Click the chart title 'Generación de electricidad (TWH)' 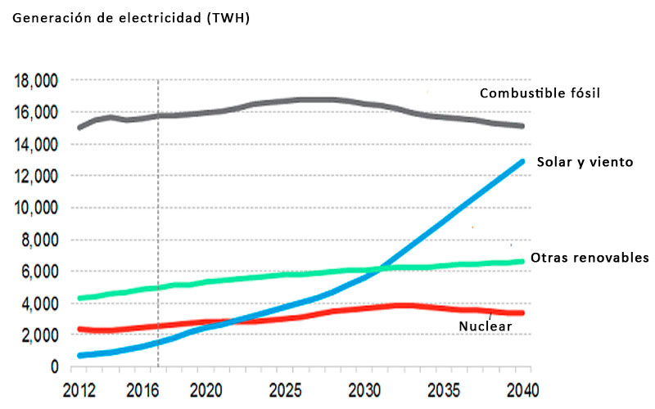(x=129, y=18)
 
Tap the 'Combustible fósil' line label (x=540, y=93)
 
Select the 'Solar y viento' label (x=585, y=162)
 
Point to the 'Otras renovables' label (x=589, y=258)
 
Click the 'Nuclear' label (x=485, y=326)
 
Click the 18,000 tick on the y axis (x=35, y=80)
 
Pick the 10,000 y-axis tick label (x=35, y=208)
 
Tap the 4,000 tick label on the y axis (x=38, y=303)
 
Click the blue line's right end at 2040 (x=522, y=161)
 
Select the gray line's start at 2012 (x=79, y=128)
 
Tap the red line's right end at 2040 (x=522, y=313)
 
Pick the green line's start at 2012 (x=79, y=298)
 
